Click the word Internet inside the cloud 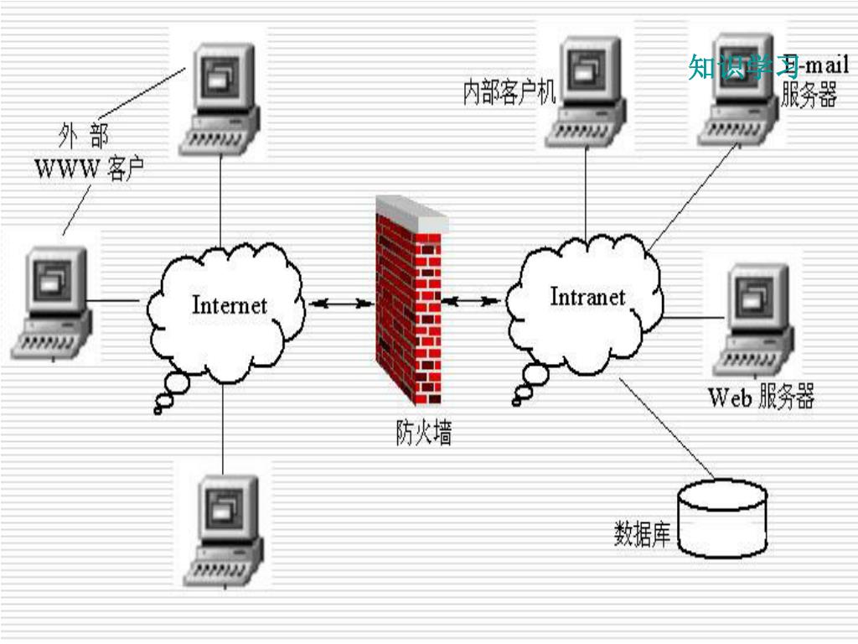pos(229,304)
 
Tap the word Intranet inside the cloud pos(587,297)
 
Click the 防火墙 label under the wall pos(424,432)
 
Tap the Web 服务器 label pos(761,397)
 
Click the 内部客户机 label pos(509,92)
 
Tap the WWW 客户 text pos(89,169)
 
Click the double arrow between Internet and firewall pos(340,303)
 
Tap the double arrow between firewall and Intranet pos(472,299)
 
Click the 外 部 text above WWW pos(84,134)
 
